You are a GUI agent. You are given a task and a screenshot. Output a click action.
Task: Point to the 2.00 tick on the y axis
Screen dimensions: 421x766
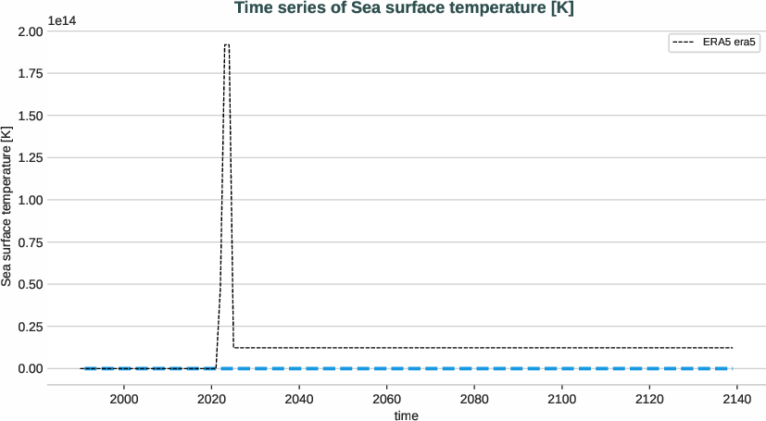(x=30, y=31)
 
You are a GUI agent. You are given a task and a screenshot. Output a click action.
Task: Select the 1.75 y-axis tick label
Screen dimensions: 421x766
(x=30, y=73)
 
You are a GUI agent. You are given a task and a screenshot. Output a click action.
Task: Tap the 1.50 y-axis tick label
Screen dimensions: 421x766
(x=30, y=116)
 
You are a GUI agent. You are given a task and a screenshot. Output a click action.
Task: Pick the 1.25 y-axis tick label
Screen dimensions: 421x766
(x=30, y=157)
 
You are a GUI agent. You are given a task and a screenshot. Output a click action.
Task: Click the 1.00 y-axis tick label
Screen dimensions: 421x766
(x=30, y=200)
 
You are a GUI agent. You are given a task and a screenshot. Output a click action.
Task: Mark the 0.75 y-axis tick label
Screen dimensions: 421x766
(x=30, y=241)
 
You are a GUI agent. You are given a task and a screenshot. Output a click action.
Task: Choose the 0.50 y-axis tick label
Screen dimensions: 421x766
(x=30, y=284)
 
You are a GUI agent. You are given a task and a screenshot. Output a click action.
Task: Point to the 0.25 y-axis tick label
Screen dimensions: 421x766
(x=30, y=326)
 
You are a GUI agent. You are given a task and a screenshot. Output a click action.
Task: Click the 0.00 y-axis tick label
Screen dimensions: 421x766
(x=30, y=368)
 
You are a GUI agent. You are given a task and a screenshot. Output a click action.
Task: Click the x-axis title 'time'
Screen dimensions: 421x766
(x=407, y=415)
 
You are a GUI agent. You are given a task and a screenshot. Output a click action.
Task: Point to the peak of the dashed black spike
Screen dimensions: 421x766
(x=226, y=44)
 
